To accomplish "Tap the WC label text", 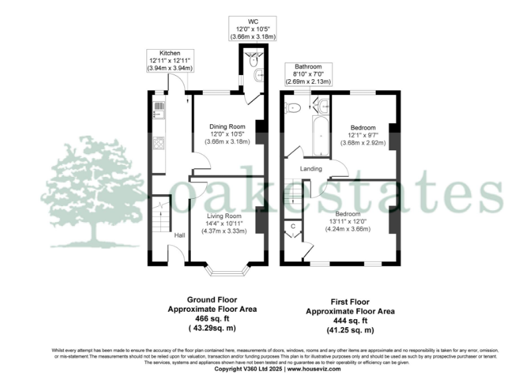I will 252,21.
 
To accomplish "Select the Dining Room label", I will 228,126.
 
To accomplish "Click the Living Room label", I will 224,216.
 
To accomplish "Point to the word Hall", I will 180,235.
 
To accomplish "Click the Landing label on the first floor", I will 311,169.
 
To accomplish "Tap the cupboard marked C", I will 293,226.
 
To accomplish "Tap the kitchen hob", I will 160,142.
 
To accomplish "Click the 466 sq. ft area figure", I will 210,319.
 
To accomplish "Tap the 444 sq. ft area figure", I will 349,320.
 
